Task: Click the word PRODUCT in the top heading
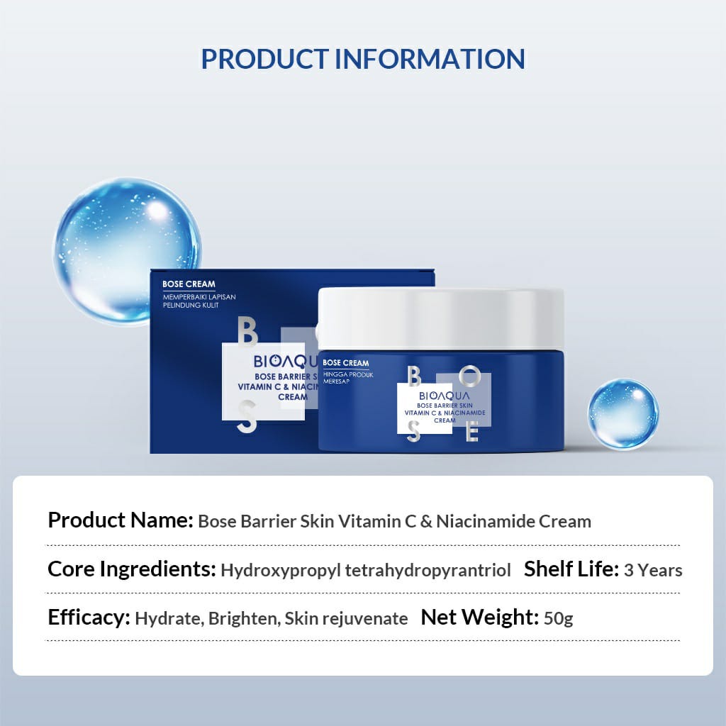point(265,60)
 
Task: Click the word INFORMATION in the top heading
point(430,60)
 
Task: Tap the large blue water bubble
point(127,251)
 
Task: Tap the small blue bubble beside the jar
point(622,414)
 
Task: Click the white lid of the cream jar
point(441,318)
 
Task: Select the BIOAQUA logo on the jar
point(444,396)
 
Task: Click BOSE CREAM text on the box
point(189,284)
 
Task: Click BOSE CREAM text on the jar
point(346,363)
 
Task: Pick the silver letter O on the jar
point(470,376)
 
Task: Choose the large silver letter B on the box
point(247,332)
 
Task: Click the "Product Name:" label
point(121,520)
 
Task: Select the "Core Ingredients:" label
point(132,569)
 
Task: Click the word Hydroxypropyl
point(281,571)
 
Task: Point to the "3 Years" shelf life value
point(653,571)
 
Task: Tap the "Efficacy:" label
point(89,618)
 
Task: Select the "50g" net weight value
point(559,618)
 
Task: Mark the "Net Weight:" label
point(480,618)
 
